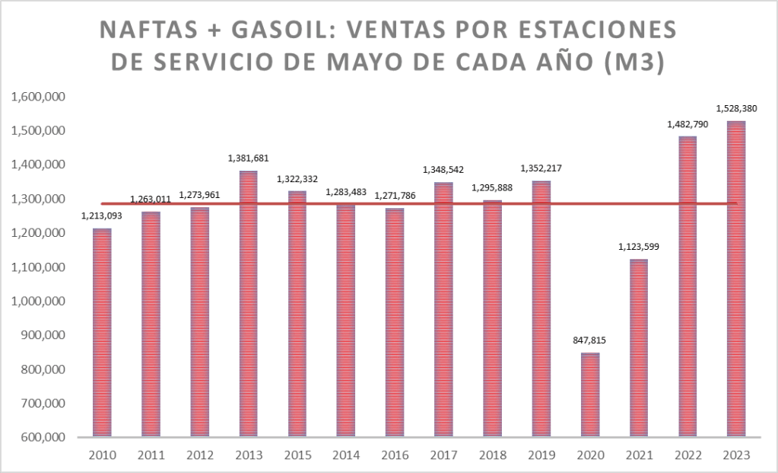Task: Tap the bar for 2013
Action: click(248, 304)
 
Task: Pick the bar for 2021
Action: click(639, 347)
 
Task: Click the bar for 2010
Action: click(101, 332)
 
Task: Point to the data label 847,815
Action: click(590, 340)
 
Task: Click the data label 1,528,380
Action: click(736, 108)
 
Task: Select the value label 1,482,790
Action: click(687, 123)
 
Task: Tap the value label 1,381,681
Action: click(248, 158)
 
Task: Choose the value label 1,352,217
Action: click(541, 168)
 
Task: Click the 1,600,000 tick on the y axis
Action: click(37, 97)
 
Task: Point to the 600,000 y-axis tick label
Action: click(43, 438)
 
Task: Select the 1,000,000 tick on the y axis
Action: click(37, 302)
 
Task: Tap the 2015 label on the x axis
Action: click(297, 455)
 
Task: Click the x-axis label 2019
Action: click(541, 455)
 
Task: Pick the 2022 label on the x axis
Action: click(687, 455)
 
